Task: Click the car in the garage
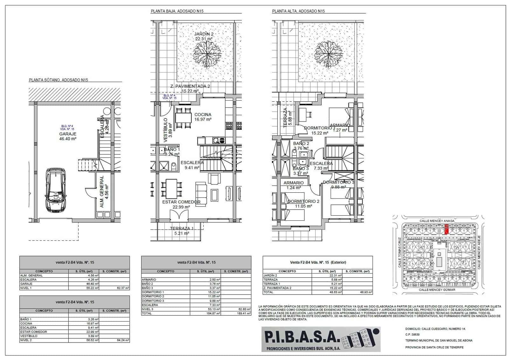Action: click(56, 190)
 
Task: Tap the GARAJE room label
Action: click(67, 134)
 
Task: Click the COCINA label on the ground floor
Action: click(203, 114)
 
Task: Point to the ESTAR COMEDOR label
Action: click(181, 202)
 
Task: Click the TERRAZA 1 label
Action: click(182, 228)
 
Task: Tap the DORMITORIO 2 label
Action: click(303, 201)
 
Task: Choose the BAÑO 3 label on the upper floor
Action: click(300, 169)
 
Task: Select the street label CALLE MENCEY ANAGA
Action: click(437, 220)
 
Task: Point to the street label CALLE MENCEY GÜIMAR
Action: click(437, 290)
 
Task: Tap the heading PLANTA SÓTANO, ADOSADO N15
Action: click(58, 80)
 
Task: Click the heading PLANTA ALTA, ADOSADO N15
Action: click(298, 11)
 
